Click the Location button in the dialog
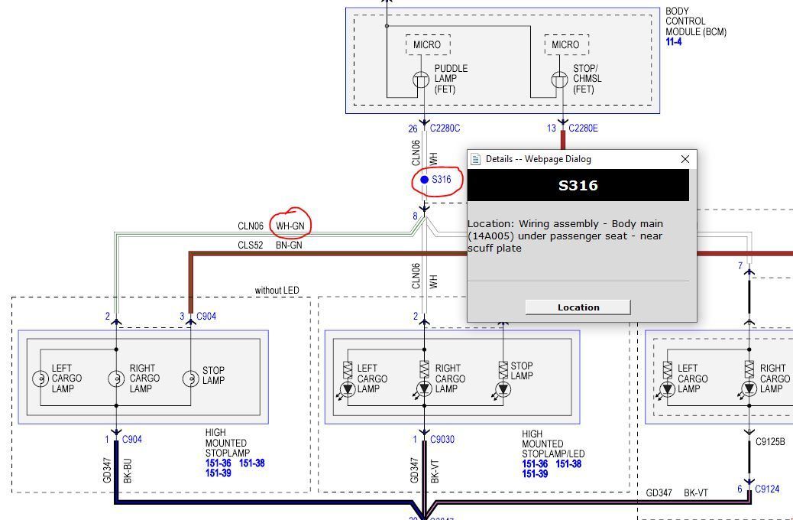click(578, 307)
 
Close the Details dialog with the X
click(685, 159)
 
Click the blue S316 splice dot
click(425, 180)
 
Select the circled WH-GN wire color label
click(290, 226)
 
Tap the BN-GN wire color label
click(289, 245)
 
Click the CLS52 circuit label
click(251, 245)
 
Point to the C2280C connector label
click(445, 128)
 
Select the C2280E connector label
click(583, 128)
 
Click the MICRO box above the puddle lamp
click(427, 44)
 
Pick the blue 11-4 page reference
click(674, 42)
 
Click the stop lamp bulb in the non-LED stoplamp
click(191, 379)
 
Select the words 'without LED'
click(277, 290)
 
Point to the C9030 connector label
click(442, 440)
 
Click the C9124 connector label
click(767, 489)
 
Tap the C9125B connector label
click(770, 441)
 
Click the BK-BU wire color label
click(128, 470)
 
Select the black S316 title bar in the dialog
click(578, 185)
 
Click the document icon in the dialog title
click(475, 159)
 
